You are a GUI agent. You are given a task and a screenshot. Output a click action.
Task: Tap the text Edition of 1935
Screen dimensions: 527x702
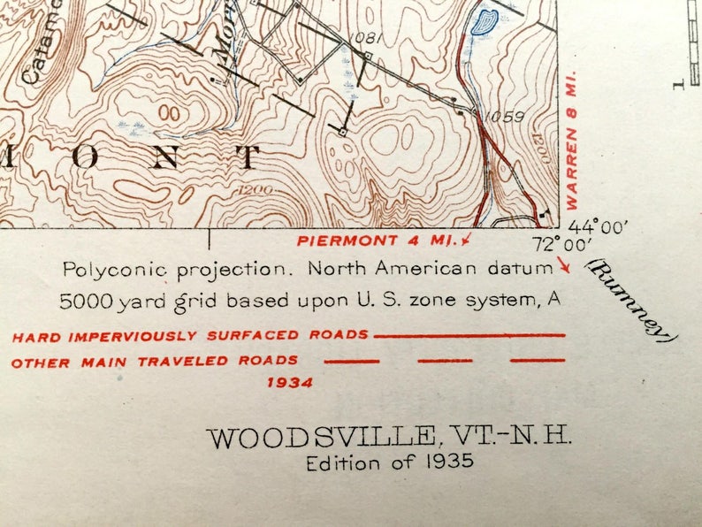click(x=390, y=462)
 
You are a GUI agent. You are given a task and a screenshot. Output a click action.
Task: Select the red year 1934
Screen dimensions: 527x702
click(x=288, y=383)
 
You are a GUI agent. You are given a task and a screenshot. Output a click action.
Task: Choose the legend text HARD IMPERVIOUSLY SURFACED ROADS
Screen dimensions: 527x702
click(x=191, y=336)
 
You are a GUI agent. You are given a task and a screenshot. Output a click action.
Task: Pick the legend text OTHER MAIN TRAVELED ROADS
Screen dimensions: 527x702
click(x=155, y=361)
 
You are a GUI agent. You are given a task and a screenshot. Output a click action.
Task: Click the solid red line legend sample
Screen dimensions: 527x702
click(x=469, y=336)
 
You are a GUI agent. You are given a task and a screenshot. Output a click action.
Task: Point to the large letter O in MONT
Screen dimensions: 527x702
click(x=85, y=157)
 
